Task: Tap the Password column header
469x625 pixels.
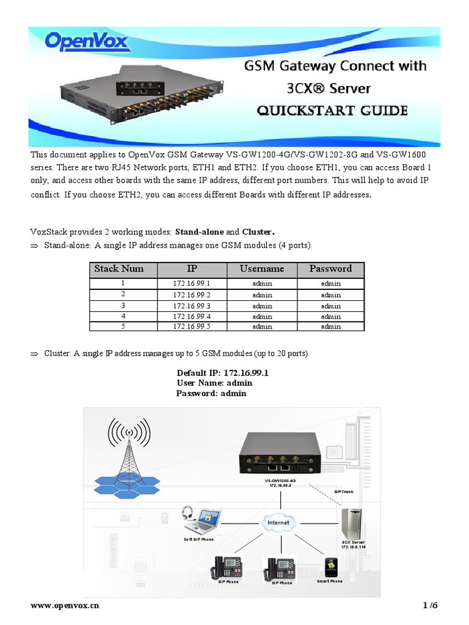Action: click(x=330, y=269)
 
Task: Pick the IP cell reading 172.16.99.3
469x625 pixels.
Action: click(x=192, y=306)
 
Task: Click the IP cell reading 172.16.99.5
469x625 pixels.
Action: click(x=192, y=327)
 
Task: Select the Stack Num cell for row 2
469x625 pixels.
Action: click(x=123, y=295)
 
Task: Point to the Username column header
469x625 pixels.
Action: click(x=262, y=269)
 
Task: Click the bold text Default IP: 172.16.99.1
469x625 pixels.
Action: click(x=223, y=372)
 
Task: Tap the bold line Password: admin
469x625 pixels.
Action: click(x=211, y=393)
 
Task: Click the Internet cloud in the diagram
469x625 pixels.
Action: click(x=278, y=523)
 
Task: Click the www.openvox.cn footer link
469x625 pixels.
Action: click(x=65, y=605)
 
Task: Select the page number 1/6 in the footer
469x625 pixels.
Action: click(x=431, y=605)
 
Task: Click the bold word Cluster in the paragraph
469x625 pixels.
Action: click(x=257, y=232)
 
